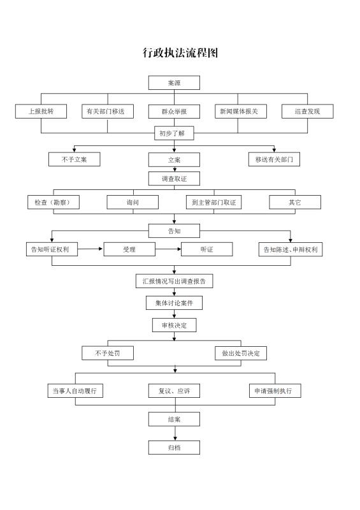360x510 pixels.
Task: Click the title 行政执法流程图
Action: (180, 52)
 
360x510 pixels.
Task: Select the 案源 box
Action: (174, 83)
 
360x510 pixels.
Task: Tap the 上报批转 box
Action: (41, 111)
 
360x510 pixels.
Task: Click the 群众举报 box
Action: (174, 111)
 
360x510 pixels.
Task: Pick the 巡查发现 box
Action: (307, 111)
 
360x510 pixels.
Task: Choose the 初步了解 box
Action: (174, 133)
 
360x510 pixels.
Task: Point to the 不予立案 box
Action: (74, 159)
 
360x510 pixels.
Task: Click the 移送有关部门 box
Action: (274, 159)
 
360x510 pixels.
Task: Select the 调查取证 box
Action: (174, 178)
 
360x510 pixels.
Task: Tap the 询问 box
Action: (133, 202)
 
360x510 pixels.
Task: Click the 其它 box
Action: (295, 202)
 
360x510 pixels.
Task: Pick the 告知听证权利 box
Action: (52, 249)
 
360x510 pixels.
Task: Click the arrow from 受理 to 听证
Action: (168, 249)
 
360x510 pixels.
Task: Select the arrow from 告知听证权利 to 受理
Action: (90, 249)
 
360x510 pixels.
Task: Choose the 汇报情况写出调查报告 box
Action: (175, 281)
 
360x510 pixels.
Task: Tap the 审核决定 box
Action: (175, 325)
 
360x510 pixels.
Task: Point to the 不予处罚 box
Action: (108, 353)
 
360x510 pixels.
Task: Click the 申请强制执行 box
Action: (275, 391)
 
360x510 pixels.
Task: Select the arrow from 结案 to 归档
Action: (175, 433)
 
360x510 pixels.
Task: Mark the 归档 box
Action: (174, 448)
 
